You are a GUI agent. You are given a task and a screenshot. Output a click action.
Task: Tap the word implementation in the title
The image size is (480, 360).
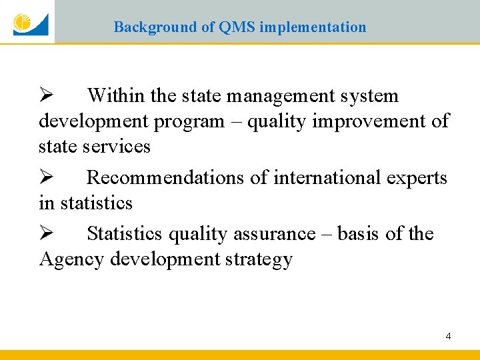point(313,27)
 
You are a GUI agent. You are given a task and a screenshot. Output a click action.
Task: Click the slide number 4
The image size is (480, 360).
point(448,336)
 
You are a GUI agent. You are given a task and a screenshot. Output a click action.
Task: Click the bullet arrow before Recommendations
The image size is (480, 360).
point(45,178)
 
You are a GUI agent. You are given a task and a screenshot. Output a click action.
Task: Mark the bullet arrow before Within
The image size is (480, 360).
point(45,96)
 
